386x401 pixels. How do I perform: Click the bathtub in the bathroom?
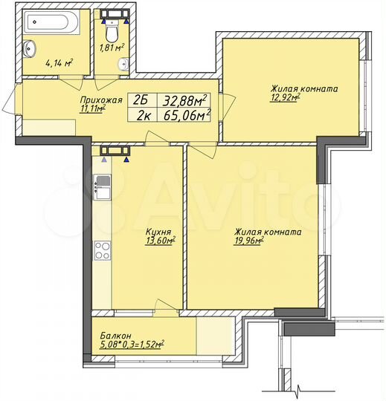click(50, 22)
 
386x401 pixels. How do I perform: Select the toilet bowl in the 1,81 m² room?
click(112, 30)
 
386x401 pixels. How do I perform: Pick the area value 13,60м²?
click(160, 241)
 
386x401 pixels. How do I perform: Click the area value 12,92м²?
click(286, 97)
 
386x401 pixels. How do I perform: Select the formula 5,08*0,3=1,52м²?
click(132, 344)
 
